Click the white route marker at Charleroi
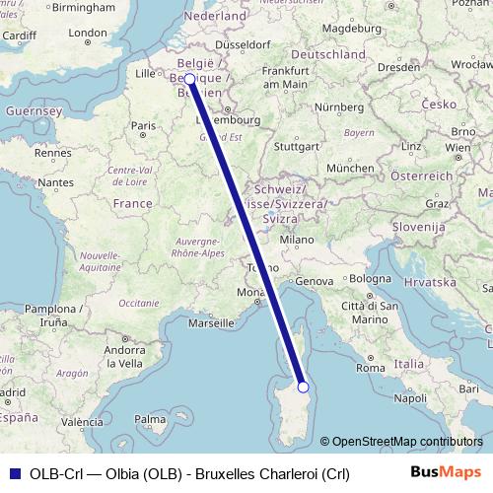189,79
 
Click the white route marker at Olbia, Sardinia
304,386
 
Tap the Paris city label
144,125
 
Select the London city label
88,33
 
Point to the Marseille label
211,322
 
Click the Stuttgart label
297,146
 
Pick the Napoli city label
409,398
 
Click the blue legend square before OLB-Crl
12,473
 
